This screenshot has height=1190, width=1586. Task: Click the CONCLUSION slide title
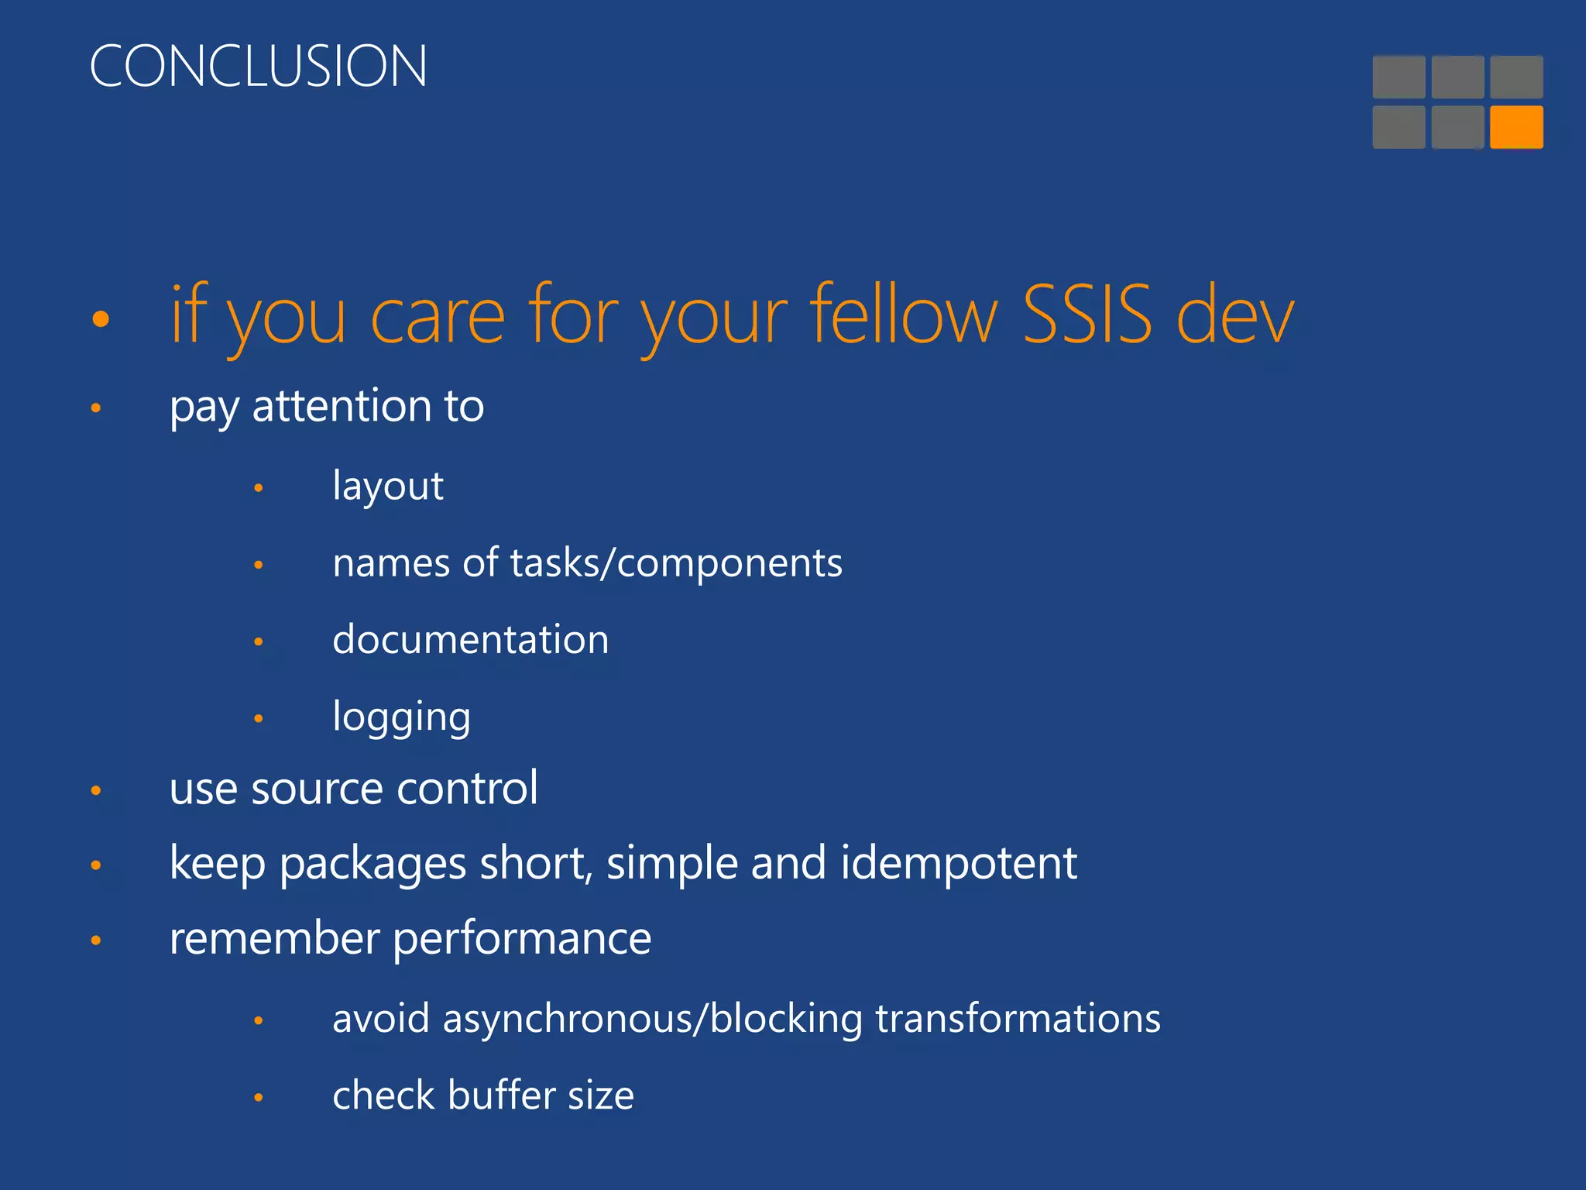coord(258,66)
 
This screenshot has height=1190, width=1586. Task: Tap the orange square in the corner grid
coord(1516,127)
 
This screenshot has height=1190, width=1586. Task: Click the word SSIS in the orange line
coord(1087,315)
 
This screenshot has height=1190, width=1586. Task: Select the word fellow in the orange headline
coord(903,315)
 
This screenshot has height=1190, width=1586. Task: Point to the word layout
coord(387,487)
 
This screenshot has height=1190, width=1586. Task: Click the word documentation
coord(470,640)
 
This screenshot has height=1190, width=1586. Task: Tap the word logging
coord(401,717)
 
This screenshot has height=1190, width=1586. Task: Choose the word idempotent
coord(958,863)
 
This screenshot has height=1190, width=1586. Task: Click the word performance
coord(522,939)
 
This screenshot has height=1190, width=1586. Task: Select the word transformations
coord(1018,1018)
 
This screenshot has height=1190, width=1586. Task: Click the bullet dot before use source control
coord(96,791)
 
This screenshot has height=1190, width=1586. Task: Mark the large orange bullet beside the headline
coord(100,318)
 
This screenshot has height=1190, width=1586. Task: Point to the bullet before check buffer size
coord(259,1098)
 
